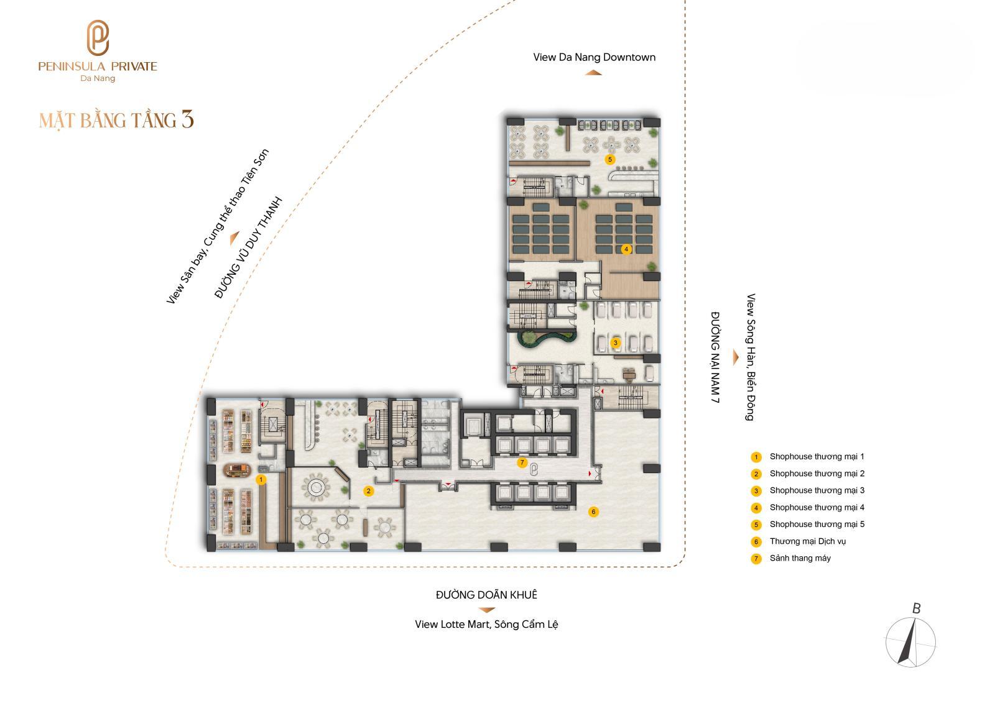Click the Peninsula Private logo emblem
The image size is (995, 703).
[98, 38]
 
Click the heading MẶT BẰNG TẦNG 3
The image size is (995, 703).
[116, 121]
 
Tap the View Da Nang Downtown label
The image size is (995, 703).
[595, 57]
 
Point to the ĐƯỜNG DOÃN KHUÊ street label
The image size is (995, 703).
[486, 595]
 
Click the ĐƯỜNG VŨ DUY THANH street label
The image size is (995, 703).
[248, 247]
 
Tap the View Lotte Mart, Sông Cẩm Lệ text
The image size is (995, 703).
[486, 625]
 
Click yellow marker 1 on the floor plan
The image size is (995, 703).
[261, 480]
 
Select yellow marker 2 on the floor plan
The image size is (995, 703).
[368, 491]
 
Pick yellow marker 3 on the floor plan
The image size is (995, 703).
[615, 343]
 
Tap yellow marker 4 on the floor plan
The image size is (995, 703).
[626, 249]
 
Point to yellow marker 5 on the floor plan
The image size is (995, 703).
[610, 159]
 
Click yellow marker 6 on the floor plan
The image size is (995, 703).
[593, 512]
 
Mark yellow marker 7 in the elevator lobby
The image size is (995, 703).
[522, 462]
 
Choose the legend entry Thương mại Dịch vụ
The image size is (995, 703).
[808, 541]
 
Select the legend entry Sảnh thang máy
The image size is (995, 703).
[800, 558]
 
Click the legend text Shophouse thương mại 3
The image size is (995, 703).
[817, 490]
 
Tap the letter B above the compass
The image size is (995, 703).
[917, 609]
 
